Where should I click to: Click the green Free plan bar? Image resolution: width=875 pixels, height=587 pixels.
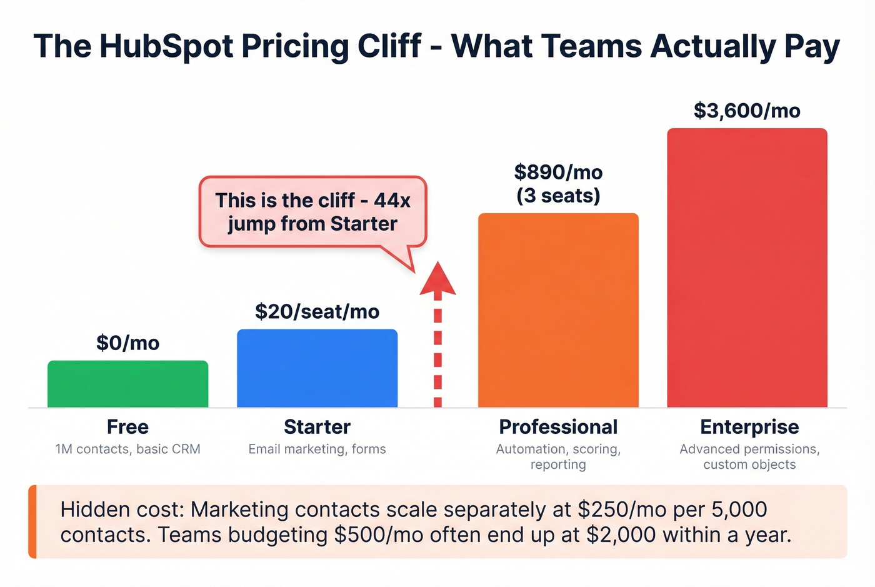(127, 384)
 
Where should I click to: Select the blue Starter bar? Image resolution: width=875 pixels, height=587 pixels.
(317, 368)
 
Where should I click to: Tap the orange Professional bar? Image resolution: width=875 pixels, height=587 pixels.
(558, 311)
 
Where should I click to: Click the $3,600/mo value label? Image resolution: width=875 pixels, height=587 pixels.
(747, 111)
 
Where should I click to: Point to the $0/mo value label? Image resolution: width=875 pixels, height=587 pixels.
(127, 343)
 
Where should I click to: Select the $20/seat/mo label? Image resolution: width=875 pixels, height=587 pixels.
(317, 311)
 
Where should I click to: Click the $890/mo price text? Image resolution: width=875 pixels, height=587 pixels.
(558, 172)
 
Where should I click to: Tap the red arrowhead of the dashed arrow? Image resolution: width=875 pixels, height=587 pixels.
(437, 279)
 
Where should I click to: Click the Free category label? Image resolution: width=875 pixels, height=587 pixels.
(127, 427)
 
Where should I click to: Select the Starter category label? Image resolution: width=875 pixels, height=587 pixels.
(317, 427)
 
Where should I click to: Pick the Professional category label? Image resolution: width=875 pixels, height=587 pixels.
(558, 427)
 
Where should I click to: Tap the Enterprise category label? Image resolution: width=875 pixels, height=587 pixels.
(749, 427)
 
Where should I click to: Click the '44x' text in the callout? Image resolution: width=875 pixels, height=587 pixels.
(392, 200)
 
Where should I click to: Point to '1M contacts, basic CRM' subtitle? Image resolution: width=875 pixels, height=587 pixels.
(127, 449)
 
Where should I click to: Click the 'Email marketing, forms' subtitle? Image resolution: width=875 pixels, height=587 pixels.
(317, 449)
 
